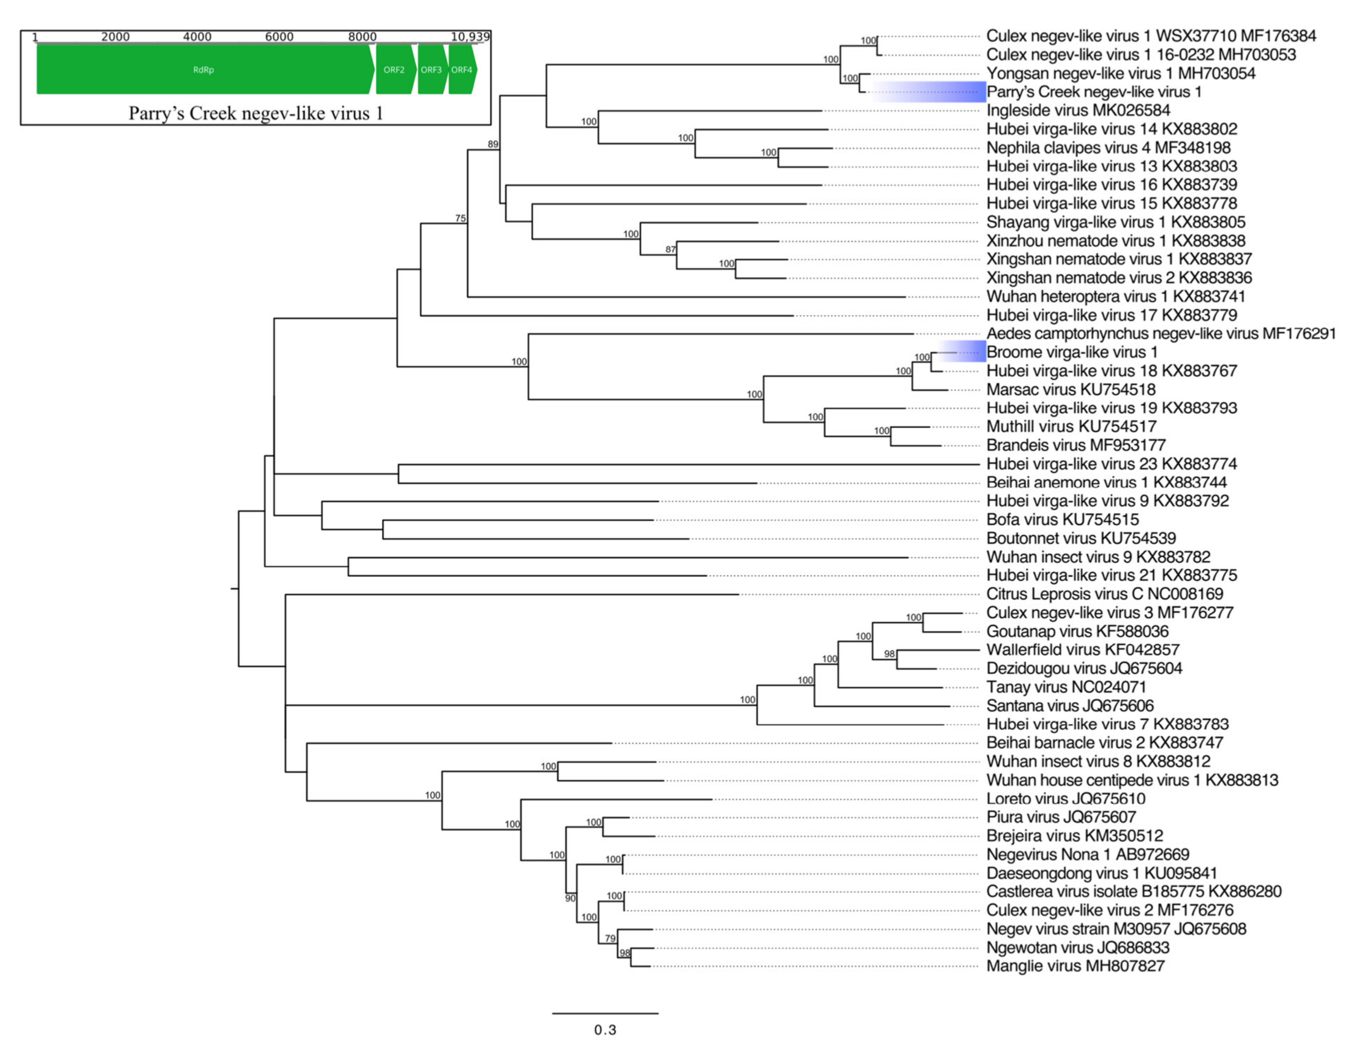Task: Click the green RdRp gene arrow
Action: (x=203, y=69)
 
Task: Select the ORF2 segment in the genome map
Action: (x=394, y=69)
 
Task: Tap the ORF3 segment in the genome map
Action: (x=431, y=69)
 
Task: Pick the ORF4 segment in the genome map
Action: (x=462, y=69)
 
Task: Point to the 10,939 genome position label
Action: (x=470, y=36)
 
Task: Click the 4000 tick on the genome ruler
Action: (x=197, y=36)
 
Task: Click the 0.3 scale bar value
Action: (x=605, y=1030)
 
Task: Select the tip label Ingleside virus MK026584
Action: (x=1078, y=110)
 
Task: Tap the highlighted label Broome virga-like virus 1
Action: (x=1072, y=352)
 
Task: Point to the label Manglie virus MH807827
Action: (x=1075, y=966)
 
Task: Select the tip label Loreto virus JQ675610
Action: (x=1065, y=798)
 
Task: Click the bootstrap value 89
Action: (x=493, y=144)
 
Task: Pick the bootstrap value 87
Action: (x=671, y=249)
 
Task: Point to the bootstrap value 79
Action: (x=610, y=938)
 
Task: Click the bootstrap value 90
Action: (x=570, y=898)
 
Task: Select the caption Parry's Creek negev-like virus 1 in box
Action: (x=256, y=114)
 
